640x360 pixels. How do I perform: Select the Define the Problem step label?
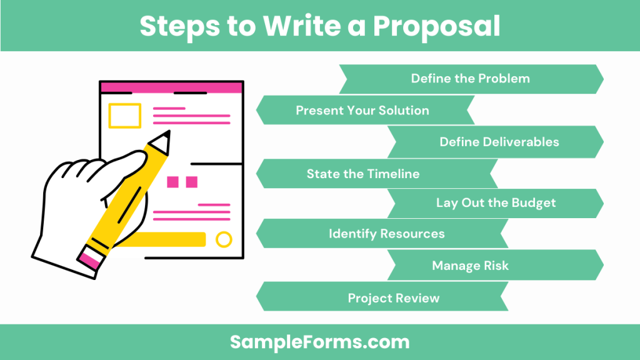470,79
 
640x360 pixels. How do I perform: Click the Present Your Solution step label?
362,111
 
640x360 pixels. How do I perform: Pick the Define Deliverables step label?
499,142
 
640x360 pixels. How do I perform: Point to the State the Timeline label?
362,174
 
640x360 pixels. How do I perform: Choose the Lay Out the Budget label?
496,203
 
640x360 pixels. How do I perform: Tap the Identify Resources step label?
386,234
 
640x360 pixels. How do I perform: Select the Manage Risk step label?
470,266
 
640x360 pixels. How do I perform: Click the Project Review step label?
393,298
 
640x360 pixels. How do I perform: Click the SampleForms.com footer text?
319,342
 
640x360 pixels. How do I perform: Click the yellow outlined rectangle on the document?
124,116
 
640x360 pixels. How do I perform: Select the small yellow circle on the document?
223,239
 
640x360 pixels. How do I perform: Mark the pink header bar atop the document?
171,87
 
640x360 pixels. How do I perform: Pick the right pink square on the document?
191,182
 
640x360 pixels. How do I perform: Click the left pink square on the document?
173,182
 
